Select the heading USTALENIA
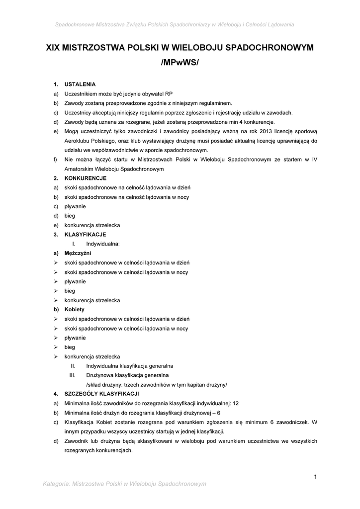[80, 84]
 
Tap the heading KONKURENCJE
[86, 178]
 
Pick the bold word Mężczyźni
[78, 253]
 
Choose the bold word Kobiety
[75, 309]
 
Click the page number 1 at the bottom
[315, 477]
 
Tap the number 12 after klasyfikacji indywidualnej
[236, 403]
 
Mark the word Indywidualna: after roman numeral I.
[103, 244]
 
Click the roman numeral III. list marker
[72, 375]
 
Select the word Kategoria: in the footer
[58, 484]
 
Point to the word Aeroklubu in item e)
[77, 141]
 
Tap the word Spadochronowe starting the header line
[75, 24]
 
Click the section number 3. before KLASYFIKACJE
[56, 234]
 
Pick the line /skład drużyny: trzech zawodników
[156, 384]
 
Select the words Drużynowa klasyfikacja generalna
[127, 375]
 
